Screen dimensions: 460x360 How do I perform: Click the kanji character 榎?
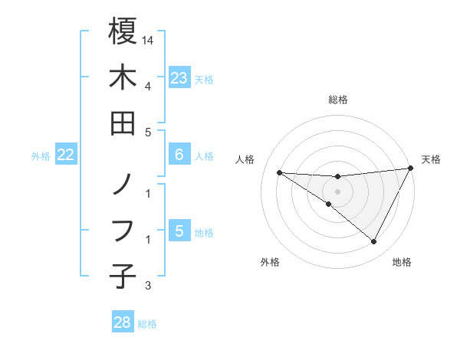click(x=123, y=31)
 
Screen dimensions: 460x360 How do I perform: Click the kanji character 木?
click(x=123, y=77)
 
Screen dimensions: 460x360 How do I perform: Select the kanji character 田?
click(x=123, y=123)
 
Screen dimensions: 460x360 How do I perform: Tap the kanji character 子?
click(x=123, y=274)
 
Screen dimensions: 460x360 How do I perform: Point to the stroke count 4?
click(x=148, y=85)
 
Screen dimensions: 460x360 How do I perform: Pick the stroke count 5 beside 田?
click(x=148, y=132)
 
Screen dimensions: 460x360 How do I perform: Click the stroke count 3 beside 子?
click(x=148, y=286)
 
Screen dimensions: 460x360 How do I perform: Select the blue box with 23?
click(x=179, y=77)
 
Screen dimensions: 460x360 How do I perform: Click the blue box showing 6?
click(x=179, y=155)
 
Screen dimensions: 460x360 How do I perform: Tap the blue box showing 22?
click(x=66, y=155)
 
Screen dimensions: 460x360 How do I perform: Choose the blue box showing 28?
click(x=123, y=322)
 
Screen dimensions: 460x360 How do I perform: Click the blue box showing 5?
click(x=179, y=231)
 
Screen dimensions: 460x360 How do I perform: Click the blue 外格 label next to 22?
click(x=41, y=156)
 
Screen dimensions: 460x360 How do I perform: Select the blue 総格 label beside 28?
click(x=147, y=324)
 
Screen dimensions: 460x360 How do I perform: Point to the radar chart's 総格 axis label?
click(x=338, y=100)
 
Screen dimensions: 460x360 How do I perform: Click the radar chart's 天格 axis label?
click(x=432, y=159)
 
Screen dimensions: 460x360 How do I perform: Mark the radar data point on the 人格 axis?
click(x=279, y=172)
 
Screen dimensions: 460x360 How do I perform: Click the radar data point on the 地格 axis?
click(x=374, y=242)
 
